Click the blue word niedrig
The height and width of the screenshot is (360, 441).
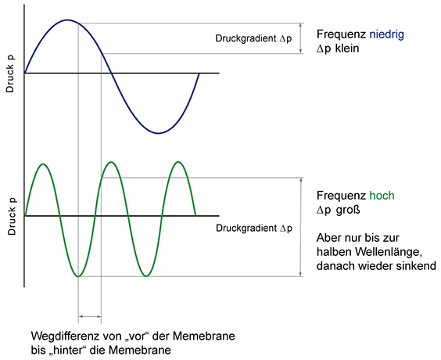coord(387,35)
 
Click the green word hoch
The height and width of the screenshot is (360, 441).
coord(382,196)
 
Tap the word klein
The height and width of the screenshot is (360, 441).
coord(347,49)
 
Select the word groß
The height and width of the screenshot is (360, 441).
coord(348,210)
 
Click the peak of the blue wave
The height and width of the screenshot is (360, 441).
coord(67,20)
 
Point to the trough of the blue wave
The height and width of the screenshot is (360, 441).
coord(159,133)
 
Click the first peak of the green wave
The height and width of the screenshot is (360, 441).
coord(43,164)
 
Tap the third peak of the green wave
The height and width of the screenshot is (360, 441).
coord(178,162)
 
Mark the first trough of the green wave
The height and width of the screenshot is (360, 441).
coord(78,276)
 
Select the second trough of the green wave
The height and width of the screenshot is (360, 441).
coord(146,275)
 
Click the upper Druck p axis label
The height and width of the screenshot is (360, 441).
coord(10,74)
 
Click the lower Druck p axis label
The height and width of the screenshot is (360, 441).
coord(12,217)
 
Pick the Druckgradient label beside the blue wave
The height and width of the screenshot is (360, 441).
coord(253,38)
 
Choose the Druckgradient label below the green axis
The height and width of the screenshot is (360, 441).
coord(254,228)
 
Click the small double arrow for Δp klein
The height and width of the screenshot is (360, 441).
coord(301,38)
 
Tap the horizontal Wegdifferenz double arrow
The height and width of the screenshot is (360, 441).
coord(90,316)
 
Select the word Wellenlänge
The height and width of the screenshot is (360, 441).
coord(388,252)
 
